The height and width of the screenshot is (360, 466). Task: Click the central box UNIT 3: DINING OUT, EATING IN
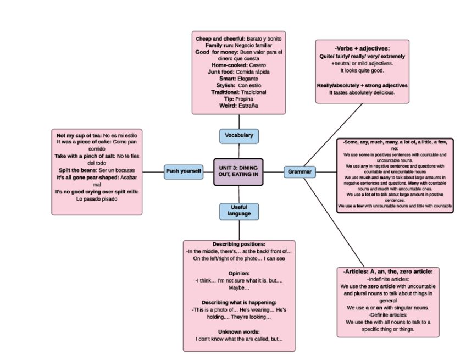238,171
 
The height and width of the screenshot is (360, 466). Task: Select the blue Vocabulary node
238,136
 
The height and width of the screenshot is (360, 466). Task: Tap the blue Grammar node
299,172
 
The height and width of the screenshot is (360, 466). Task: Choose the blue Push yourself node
183,171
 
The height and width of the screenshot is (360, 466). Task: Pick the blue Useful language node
238,211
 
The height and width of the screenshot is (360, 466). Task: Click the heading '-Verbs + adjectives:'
362,48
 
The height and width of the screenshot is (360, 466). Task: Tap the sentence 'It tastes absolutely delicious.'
362,92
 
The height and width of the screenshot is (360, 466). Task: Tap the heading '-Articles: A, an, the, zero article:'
388,272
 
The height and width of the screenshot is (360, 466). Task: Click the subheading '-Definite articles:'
388,315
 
